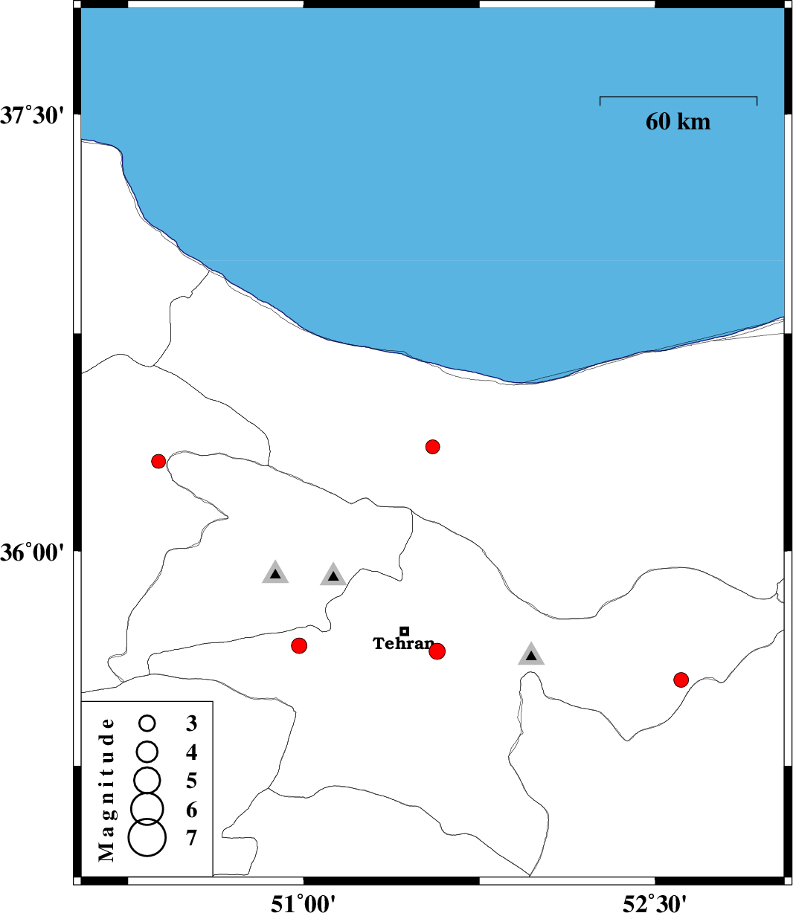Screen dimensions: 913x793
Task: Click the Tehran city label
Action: [402, 644]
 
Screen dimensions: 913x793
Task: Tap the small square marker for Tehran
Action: [405, 631]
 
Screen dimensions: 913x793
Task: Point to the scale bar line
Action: [678, 97]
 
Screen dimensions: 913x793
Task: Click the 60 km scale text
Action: [678, 122]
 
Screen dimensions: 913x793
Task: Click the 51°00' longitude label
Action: [304, 903]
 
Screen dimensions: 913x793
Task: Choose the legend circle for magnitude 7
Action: [147, 838]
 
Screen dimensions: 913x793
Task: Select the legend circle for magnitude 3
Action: [147, 723]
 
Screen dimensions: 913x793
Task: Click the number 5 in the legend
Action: [192, 781]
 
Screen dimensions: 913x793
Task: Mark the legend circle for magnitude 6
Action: [147, 808]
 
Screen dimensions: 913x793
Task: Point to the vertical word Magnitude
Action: [108, 789]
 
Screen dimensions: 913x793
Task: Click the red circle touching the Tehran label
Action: [437, 651]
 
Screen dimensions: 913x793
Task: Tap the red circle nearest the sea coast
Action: [433, 447]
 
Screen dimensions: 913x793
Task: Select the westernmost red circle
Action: [158, 462]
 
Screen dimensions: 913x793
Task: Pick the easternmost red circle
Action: [681, 680]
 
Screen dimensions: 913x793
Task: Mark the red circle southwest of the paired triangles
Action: [299, 645]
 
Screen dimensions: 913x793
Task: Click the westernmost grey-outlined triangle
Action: [275, 573]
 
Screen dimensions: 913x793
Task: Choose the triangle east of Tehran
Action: [531, 654]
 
